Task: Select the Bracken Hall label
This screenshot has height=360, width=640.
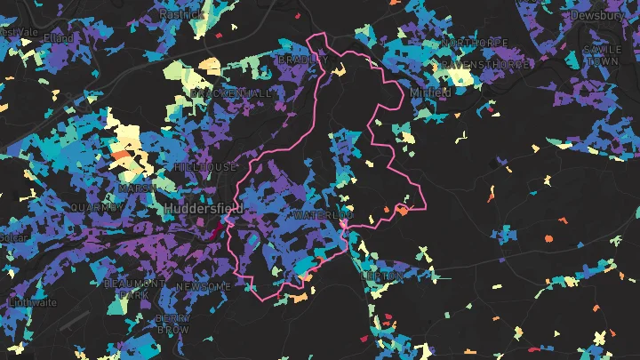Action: tap(231, 93)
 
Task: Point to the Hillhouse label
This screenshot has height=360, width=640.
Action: tap(205, 167)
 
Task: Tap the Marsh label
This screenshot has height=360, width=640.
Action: tap(137, 188)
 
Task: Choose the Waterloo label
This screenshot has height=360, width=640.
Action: tap(322, 215)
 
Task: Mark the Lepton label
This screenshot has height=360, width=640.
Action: tap(381, 276)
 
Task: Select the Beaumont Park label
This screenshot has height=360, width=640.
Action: tap(134, 288)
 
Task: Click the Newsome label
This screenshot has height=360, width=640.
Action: tap(204, 286)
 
